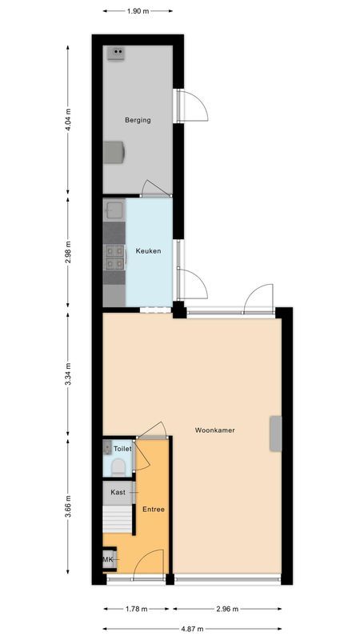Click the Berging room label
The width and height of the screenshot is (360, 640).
tap(138, 120)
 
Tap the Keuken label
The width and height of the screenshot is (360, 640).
tap(148, 251)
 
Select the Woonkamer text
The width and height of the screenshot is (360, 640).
tap(214, 430)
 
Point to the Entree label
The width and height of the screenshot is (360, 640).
tap(154, 509)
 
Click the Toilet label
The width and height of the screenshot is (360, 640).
tap(122, 450)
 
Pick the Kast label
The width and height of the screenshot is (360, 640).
tap(118, 492)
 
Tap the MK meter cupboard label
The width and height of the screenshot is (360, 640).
tap(107, 560)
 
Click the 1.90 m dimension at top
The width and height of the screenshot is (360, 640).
tap(138, 11)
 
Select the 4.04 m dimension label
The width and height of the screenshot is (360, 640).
tap(68, 120)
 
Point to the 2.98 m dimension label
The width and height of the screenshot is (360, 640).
tap(68, 251)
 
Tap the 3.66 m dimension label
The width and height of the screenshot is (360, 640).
tap(68, 508)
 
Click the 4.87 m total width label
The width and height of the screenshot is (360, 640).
tap(192, 630)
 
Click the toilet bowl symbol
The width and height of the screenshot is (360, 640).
tap(118, 466)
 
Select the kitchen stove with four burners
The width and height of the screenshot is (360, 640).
tap(114, 256)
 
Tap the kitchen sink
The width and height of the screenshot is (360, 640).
tap(113, 211)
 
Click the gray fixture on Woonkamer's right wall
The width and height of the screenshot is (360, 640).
tap(276, 432)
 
